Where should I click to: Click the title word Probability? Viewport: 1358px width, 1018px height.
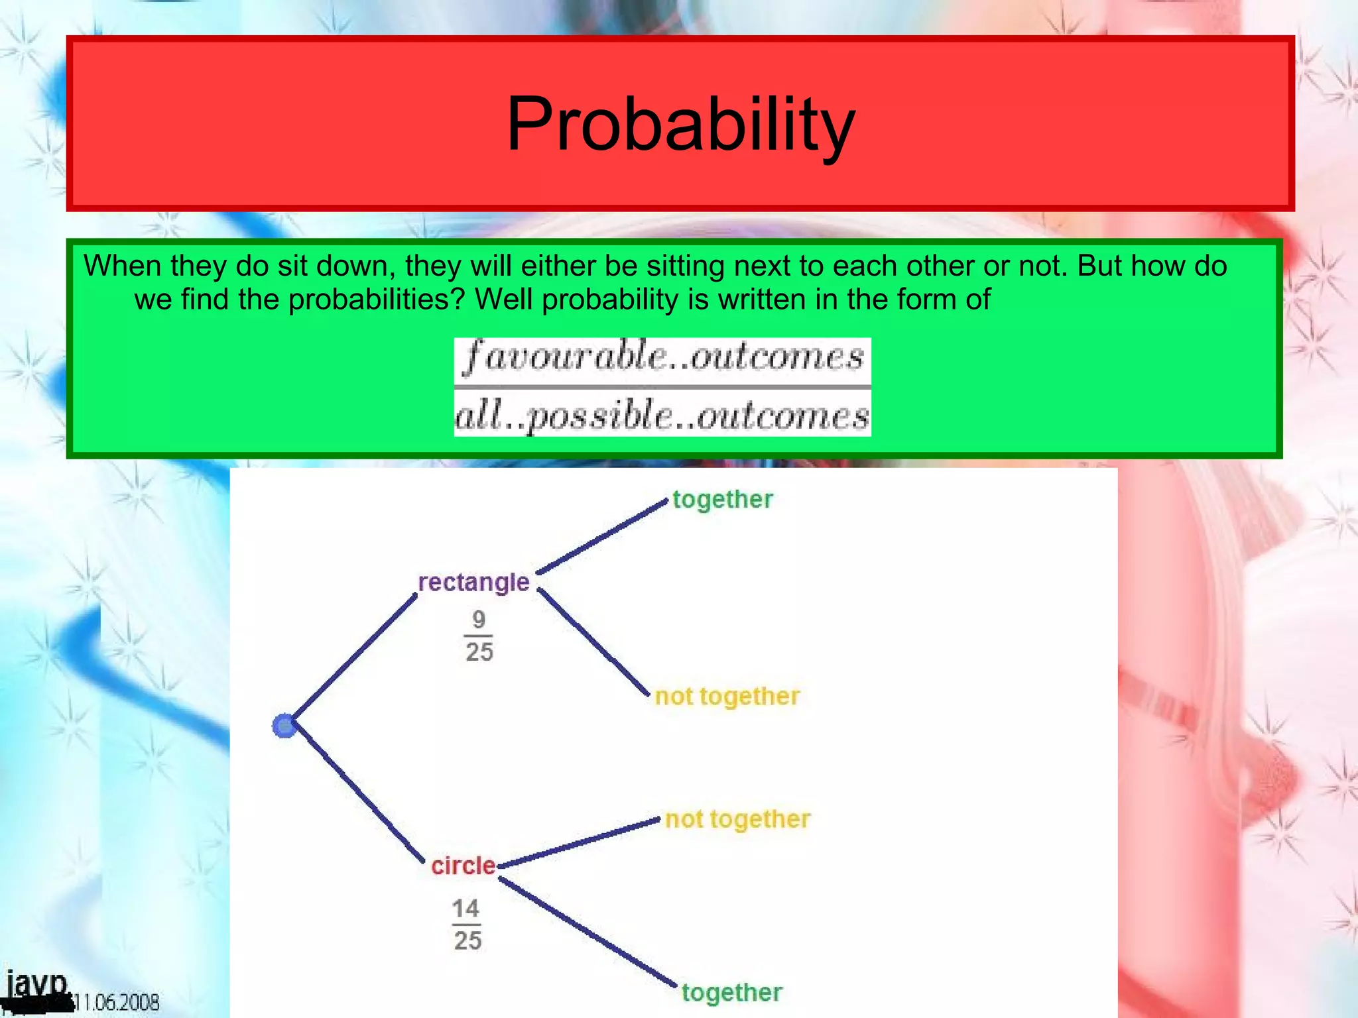[x=680, y=125]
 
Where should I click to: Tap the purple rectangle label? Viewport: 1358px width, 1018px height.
[x=473, y=582]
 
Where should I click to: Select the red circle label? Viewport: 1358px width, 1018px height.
[x=463, y=866]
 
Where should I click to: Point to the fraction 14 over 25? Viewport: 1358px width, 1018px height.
[x=467, y=925]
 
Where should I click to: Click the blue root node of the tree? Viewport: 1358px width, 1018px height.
[x=284, y=726]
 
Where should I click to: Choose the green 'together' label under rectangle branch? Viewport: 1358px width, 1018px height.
[x=723, y=499]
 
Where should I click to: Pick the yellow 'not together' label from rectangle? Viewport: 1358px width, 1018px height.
[x=727, y=697]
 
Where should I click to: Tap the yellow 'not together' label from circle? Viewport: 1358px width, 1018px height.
[x=737, y=819]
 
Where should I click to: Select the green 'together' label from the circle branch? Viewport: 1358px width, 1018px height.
[x=732, y=992]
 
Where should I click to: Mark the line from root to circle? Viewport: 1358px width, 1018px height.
[x=358, y=795]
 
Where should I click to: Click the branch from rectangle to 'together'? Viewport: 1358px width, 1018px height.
[x=602, y=537]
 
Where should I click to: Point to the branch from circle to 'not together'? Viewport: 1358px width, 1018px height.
[x=579, y=843]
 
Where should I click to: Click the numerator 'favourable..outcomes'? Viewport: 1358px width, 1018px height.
[x=662, y=358]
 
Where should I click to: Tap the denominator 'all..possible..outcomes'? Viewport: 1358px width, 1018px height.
[x=662, y=416]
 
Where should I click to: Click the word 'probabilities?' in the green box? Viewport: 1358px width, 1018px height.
[x=378, y=300]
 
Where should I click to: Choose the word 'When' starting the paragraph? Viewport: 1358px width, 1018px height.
[x=122, y=266]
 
